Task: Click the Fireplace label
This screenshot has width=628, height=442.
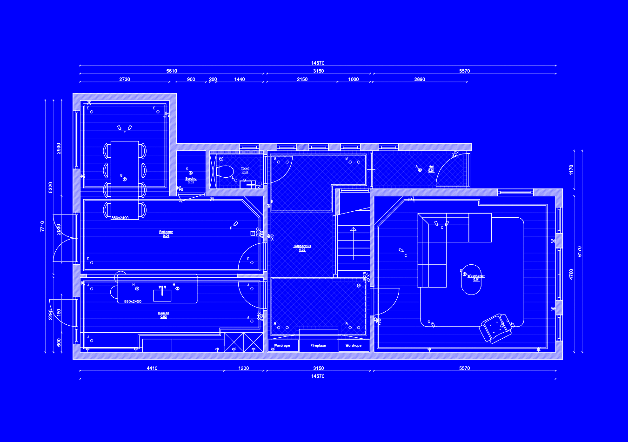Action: pos(318,346)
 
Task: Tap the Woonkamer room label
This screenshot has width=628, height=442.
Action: pos(476,276)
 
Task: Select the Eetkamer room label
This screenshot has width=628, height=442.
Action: pos(166,232)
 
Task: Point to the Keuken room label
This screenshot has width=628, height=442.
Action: pos(163,313)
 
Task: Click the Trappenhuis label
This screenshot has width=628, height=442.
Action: pos(302,246)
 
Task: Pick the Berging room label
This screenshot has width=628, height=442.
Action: pos(191,179)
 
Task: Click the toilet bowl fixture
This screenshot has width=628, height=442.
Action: pos(225,171)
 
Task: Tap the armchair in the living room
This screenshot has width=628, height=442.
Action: pos(495,328)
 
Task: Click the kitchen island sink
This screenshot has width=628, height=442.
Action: pos(162,295)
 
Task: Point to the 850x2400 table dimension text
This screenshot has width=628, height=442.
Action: pos(120,218)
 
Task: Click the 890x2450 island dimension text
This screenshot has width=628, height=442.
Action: pos(133,301)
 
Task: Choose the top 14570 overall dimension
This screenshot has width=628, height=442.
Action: pos(318,63)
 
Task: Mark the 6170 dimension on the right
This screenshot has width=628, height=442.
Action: pos(580,251)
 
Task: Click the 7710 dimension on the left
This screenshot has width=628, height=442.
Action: pos(42,226)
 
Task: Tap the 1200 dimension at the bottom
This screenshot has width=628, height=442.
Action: pos(243,368)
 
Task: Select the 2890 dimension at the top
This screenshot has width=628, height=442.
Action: pos(420,79)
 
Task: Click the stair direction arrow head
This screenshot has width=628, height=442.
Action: pos(353,229)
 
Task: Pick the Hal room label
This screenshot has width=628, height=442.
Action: pos(431,167)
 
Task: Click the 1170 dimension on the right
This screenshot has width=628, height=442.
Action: pos(571,170)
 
